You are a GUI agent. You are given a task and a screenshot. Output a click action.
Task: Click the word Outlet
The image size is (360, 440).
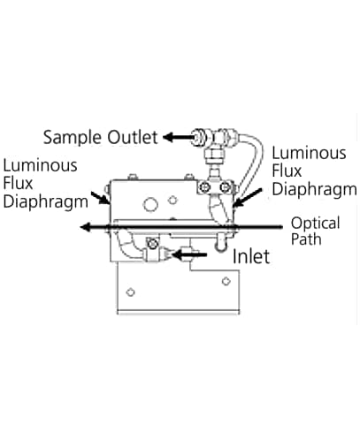(x=133, y=137)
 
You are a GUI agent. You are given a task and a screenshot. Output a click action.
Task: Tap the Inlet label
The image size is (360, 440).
(x=251, y=256)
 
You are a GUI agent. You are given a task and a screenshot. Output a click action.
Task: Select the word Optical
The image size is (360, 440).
(x=315, y=224)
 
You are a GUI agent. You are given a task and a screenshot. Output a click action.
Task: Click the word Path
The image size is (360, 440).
(x=306, y=239)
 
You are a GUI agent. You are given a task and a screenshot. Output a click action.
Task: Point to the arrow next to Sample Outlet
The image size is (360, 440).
(x=178, y=137)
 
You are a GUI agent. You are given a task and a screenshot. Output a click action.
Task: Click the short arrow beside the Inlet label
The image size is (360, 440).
(x=188, y=254)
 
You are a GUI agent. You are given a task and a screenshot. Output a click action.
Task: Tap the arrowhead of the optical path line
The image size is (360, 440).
(x=85, y=227)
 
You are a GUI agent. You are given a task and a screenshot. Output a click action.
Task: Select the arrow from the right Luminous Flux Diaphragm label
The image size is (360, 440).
(x=247, y=198)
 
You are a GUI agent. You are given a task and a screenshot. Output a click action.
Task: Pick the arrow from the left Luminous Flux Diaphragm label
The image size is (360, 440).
(x=100, y=198)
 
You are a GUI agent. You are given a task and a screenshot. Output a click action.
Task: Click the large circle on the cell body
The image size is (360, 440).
(x=150, y=204)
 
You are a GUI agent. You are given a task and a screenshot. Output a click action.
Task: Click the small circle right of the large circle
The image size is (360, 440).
(x=172, y=201)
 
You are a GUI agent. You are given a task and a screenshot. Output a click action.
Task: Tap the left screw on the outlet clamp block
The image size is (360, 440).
(x=204, y=187)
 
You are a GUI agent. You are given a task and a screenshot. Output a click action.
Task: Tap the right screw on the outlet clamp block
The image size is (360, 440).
(x=226, y=187)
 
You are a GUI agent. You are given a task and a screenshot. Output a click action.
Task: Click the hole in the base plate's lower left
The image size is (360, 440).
(x=130, y=292)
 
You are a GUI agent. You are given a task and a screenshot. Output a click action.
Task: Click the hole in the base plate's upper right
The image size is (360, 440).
(x=226, y=281)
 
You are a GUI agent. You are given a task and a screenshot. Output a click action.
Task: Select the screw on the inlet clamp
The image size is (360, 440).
(x=152, y=244)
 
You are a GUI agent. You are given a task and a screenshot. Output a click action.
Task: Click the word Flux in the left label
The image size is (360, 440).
(x=18, y=184)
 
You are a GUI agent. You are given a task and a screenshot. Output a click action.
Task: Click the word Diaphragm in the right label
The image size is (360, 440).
(x=314, y=189)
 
